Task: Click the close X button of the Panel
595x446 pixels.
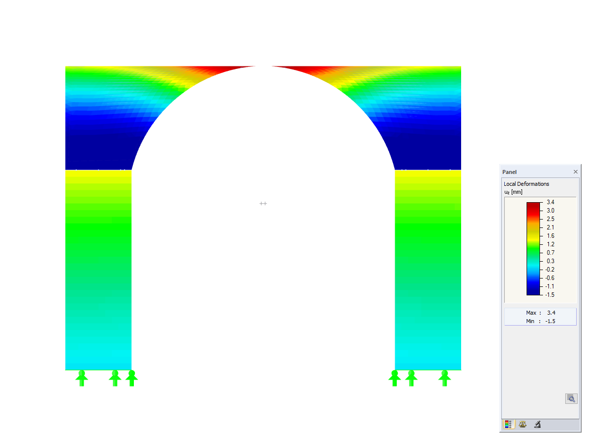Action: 575,171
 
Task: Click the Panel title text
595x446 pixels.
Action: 509,172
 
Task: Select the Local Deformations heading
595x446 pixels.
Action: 526,184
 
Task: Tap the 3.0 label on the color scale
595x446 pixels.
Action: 550,211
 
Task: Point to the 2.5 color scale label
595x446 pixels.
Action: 550,219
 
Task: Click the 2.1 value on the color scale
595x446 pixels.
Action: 550,227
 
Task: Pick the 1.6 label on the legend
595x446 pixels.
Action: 550,235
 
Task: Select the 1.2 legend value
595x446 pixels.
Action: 550,244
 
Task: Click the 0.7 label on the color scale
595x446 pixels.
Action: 550,252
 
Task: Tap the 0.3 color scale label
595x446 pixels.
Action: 550,261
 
